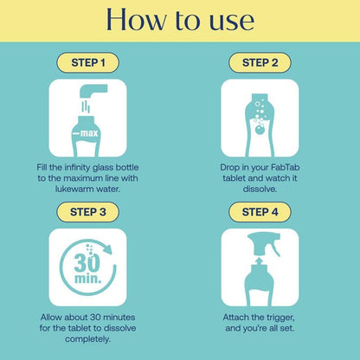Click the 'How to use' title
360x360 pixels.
coord(180,21)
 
